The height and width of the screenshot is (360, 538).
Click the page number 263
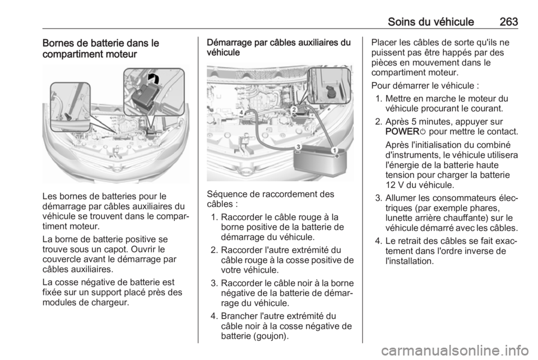tap(509, 22)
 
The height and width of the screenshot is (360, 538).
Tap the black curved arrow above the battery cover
tap(154, 79)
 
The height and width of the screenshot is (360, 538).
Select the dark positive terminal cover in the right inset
tap(145, 98)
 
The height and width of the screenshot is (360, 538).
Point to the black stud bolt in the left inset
tap(68, 116)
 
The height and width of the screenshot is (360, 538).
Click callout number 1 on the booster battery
tap(334, 150)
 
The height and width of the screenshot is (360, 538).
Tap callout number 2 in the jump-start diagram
tap(294, 109)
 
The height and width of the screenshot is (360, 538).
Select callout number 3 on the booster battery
tap(299, 147)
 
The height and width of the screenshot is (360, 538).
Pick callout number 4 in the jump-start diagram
tap(242, 112)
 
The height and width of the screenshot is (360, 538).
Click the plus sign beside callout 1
tap(337, 156)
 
